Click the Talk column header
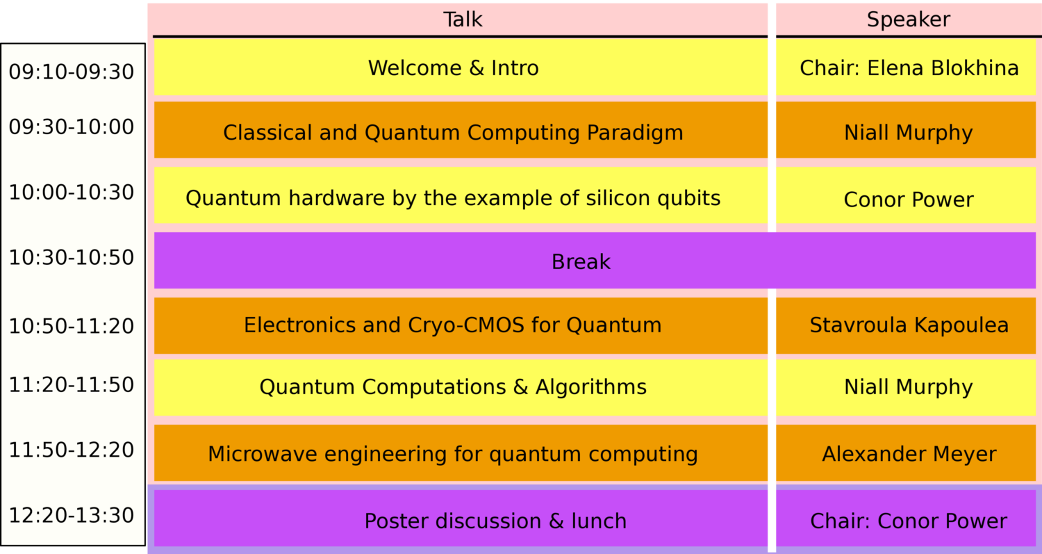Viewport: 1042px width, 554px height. [463, 19]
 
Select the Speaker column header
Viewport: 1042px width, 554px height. [908, 19]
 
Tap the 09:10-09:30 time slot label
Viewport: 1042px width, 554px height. [72, 72]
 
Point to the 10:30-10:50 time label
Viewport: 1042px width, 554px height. [72, 257]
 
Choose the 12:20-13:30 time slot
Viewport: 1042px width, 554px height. [72, 515]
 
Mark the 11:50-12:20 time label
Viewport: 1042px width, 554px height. [72, 450]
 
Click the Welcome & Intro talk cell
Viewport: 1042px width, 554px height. [453, 67]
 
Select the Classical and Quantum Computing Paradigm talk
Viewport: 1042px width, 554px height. [453, 132]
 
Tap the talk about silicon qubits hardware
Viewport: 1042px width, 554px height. [453, 198]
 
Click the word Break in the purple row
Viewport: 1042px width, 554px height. [581, 261]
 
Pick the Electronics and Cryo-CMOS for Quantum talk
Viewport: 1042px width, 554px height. [453, 325]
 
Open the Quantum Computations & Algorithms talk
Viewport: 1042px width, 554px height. [453, 386]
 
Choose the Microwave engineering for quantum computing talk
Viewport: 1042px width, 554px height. [453, 454]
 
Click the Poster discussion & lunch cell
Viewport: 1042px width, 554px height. [495, 521]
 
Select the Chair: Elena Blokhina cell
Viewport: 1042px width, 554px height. [909, 67]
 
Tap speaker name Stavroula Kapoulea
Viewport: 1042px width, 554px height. [909, 325]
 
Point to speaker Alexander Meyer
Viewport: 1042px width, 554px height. [909, 454]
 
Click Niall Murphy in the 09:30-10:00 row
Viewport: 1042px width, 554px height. [909, 132]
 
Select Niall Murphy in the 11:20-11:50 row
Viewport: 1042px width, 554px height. [909, 386]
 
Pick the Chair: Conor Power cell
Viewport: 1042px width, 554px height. [909, 521]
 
